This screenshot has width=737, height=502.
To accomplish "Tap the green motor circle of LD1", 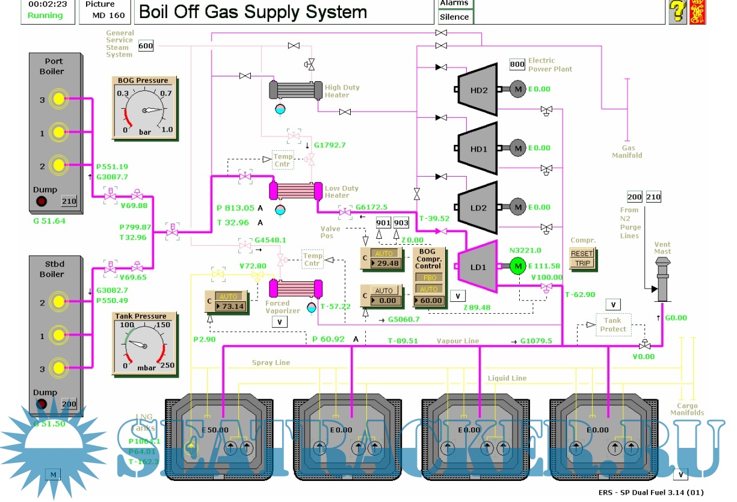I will [x=517, y=265].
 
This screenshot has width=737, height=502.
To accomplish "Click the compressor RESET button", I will [x=582, y=254].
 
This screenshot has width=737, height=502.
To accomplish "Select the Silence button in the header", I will [x=455, y=17].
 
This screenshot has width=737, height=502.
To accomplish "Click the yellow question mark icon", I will [x=677, y=11].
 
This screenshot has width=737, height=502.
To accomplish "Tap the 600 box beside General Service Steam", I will [x=146, y=46].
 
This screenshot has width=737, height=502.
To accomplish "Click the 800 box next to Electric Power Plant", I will [x=517, y=64].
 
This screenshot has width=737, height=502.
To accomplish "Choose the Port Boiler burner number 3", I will [x=58, y=99].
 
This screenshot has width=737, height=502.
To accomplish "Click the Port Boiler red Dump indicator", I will [x=42, y=201].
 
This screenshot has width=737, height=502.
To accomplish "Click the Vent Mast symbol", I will [x=663, y=279].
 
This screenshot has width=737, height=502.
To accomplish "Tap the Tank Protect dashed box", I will [x=614, y=325].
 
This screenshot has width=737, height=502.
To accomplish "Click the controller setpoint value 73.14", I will [x=232, y=307].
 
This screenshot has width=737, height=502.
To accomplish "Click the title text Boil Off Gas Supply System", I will [x=253, y=12].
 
